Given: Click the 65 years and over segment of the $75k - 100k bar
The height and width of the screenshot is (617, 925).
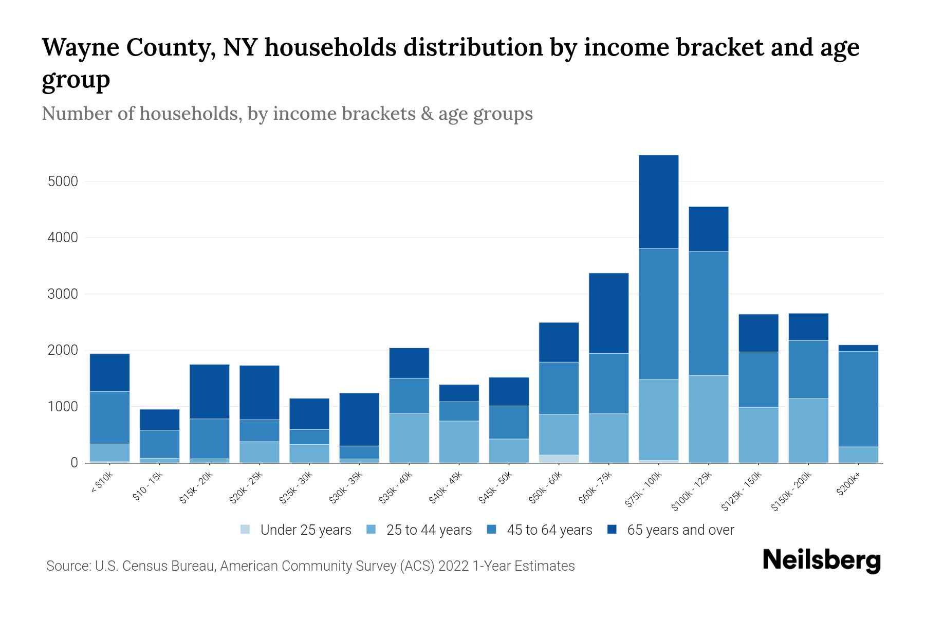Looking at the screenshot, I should click(x=658, y=202).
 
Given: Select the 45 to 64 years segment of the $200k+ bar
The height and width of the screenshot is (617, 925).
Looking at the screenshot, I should click(x=858, y=398).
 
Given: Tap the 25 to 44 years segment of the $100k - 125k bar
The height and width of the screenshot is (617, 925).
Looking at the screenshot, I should click(x=708, y=419).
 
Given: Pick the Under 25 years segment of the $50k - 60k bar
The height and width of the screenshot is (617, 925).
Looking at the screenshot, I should click(x=559, y=459).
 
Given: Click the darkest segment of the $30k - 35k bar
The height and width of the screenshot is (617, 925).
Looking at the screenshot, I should click(x=359, y=419).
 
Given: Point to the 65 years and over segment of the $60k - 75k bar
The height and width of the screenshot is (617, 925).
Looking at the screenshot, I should click(x=608, y=313).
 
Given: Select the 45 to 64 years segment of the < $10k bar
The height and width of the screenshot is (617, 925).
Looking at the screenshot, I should click(x=109, y=417).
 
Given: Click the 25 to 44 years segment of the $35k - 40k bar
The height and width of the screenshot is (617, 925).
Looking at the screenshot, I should click(x=409, y=438).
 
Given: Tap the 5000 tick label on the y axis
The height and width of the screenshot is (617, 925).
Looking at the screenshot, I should click(x=62, y=182).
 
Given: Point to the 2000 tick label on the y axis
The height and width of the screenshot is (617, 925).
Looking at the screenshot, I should click(x=62, y=350).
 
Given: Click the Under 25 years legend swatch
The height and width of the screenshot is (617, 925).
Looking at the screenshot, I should click(x=246, y=530).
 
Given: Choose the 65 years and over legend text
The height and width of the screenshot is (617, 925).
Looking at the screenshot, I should click(x=680, y=530).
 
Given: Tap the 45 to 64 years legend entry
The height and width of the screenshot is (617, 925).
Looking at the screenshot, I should click(x=540, y=530).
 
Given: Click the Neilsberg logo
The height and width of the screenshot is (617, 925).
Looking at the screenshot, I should click(x=821, y=561).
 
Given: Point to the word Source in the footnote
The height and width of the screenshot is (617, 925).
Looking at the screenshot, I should click(x=67, y=566).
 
